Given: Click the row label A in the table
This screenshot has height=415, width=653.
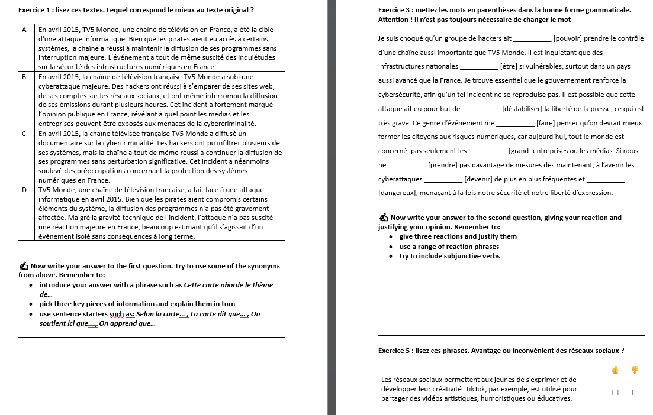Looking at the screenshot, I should point(24,29).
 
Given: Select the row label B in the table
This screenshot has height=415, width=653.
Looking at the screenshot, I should point(24,77).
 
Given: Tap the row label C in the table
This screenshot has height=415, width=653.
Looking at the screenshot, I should point(24,134).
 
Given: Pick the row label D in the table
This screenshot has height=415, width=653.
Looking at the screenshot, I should point(24,190).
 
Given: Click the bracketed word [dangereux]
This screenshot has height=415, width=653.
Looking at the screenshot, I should point(398,193).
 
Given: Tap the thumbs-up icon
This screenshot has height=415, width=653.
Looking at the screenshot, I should point(615,370).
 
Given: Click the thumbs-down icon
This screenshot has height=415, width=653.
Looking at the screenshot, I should point(635,370).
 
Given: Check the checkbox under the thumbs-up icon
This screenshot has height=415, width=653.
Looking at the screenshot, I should point(615,393).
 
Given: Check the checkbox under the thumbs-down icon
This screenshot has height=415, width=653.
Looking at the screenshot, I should point(635,393).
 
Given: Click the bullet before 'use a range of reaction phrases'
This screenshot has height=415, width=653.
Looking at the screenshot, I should point(391,247).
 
